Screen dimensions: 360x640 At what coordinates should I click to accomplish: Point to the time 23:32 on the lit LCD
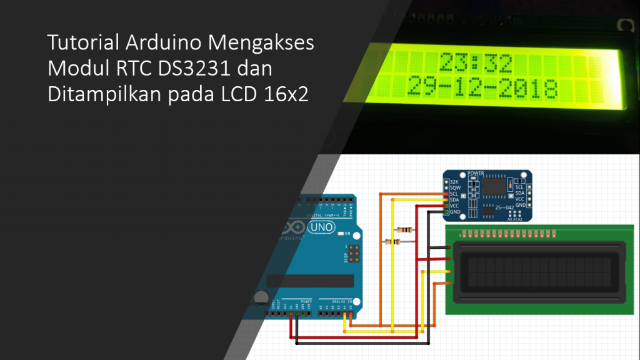click(x=476, y=64)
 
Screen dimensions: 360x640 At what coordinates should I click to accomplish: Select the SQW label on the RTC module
click(x=455, y=187)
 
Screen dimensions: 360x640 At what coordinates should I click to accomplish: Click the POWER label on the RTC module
click(x=476, y=172)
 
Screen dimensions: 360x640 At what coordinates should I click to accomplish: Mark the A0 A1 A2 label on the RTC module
click(x=516, y=219)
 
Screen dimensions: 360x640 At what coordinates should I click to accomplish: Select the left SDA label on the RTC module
click(x=455, y=199)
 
